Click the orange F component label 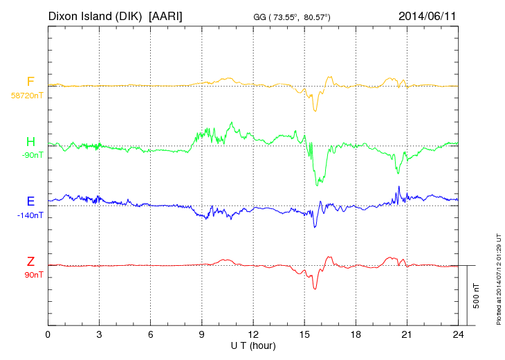(x=30, y=82)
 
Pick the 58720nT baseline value (x=26, y=95)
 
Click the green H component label (x=30, y=142)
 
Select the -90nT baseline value (x=32, y=155)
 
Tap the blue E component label (x=30, y=202)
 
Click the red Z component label (x=30, y=262)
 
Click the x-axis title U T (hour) (x=253, y=345)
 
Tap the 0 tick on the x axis (x=48, y=334)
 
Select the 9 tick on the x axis (x=202, y=334)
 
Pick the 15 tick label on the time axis (x=304, y=334)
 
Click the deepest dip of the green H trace (x=318, y=185)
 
